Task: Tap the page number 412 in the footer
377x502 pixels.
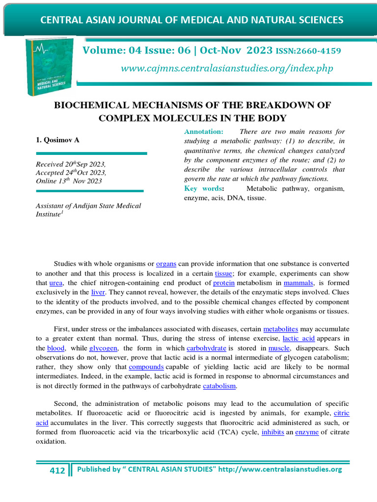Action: tap(57, 471)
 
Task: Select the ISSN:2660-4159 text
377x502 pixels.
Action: tap(309, 51)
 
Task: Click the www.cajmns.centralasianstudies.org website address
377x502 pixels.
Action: tap(227, 68)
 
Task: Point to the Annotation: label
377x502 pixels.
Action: tap(204, 132)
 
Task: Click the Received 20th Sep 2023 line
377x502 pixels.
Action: tap(71, 164)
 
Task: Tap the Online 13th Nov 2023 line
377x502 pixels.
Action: tap(69, 181)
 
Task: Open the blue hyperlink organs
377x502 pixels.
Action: tap(166, 264)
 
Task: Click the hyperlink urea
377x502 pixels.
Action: tap(56, 283)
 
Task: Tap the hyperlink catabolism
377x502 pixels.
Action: tap(219, 386)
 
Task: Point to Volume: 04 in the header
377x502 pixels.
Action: tap(108, 50)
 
